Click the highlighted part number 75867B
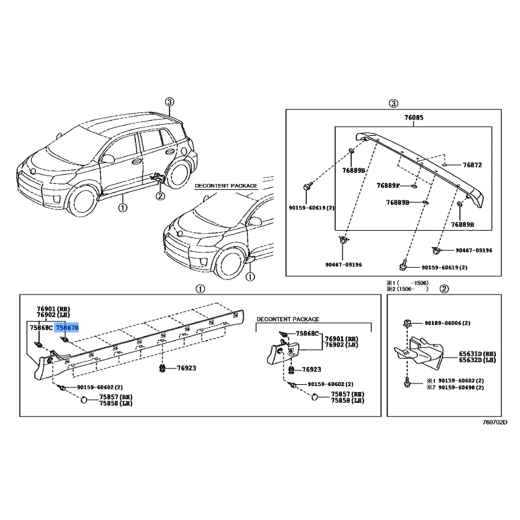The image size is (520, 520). pyautogui.click(x=67, y=328)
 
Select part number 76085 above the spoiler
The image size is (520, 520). pyautogui.click(x=413, y=118)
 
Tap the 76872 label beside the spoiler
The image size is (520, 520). pyautogui.click(x=473, y=165)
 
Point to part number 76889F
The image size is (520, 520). pyautogui.click(x=388, y=186)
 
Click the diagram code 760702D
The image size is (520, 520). pyautogui.click(x=495, y=422)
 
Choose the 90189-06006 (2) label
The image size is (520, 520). pyautogui.click(x=447, y=323)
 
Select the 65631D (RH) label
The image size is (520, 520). pyautogui.click(x=477, y=354)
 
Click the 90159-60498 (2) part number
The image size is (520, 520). pyautogui.click(x=461, y=387)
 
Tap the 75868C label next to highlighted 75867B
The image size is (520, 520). pyautogui.click(x=41, y=328)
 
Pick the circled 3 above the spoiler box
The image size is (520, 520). pyautogui.click(x=393, y=103)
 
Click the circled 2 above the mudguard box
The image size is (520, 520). pyautogui.click(x=444, y=289)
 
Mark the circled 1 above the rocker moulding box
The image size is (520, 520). pyautogui.click(x=200, y=289)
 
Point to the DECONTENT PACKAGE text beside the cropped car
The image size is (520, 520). pyautogui.click(x=226, y=186)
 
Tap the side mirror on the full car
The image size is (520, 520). pyautogui.click(x=107, y=159)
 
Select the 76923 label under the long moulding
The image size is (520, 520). pyautogui.click(x=187, y=368)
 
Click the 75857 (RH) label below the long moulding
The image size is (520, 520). pyautogui.click(x=116, y=397)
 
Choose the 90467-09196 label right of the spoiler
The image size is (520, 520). pyautogui.click(x=474, y=250)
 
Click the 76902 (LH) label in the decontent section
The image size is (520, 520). pyautogui.click(x=342, y=345)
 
